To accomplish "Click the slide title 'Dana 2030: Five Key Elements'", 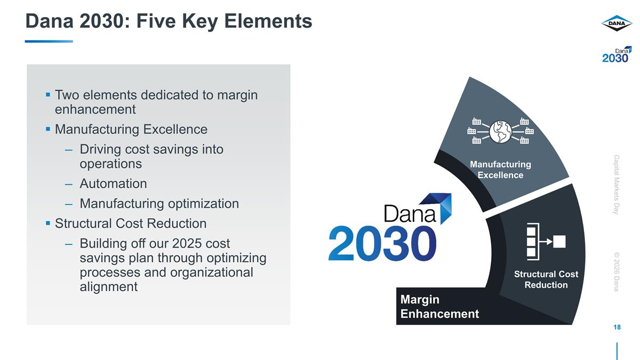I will click(x=169, y=21).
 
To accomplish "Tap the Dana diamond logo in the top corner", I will click(x=617, y=23).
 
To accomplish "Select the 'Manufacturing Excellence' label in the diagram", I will click(x=500, y=170).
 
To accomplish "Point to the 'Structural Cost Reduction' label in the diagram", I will click(x=546, y=279).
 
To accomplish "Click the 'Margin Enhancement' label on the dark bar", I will click(x=439, y=307).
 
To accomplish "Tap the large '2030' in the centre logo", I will click(x=382, y=243).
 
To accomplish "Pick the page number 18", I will click(x=617, y=327).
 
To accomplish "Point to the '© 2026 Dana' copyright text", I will click(x=617, y=272).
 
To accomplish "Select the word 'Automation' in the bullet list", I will click(x=113, y=183).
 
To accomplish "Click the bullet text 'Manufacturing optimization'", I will click(x=159, y=203).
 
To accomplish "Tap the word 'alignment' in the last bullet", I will click(x=108, y=286).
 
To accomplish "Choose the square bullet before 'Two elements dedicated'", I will click(x=48, y=95).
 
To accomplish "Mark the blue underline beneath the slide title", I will click(x=49, y=41).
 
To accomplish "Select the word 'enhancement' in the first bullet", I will click(x=95, y=109).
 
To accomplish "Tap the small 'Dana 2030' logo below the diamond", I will click(x=617, y=54).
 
